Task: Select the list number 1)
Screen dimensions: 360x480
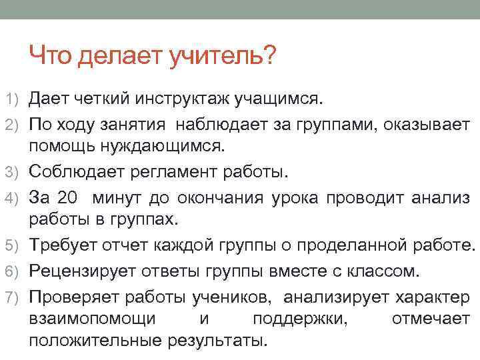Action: tap(13, 100)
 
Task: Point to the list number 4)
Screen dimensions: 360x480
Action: tap(13, 198)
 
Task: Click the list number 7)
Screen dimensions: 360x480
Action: tap(13, 297)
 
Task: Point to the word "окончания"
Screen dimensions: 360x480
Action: tap(236, 198)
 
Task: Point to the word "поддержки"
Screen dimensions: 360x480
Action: tap(300, 319)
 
